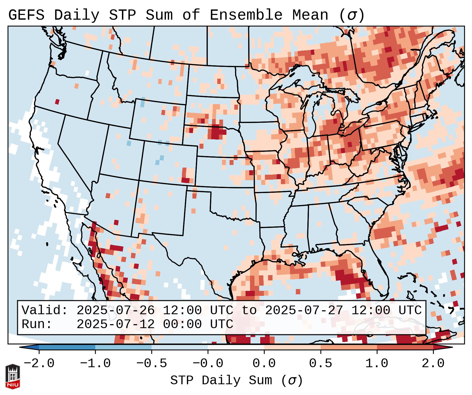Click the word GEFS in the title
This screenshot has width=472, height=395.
[x=26, y=15]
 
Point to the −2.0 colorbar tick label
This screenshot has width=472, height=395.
[x=39, y=364]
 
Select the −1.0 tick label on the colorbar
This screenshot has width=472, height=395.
[x=95, y=364]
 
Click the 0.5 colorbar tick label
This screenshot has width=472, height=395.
[x=320, y=364]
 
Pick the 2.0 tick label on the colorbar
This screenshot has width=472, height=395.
[x=433, y=364]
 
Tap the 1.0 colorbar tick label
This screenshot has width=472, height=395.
[x=377, y=364]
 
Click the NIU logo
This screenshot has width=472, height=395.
[x=13, y=376]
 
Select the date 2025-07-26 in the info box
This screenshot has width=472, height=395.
[x=115, y=311]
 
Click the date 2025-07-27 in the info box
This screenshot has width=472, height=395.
[x=304, y=311]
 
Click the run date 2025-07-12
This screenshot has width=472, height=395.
[x=115, y=324]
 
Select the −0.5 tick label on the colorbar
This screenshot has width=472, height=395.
[x=152, y=364]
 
